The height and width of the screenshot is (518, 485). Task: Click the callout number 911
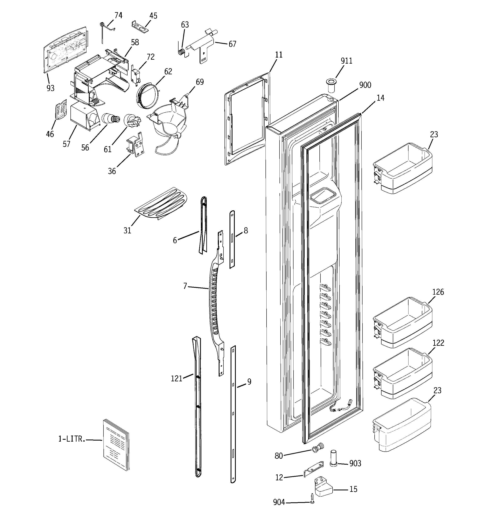[x=346, y=61]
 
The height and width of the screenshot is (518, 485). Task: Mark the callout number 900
[x=365, y=85]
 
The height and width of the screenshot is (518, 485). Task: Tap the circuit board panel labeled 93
[x=65, y=48]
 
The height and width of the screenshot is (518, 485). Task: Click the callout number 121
[x=176, y=379]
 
